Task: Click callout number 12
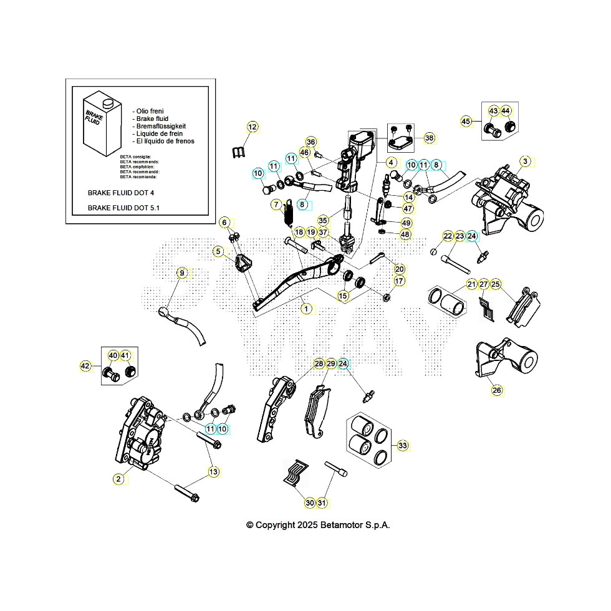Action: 252,127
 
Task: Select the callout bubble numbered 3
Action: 526,162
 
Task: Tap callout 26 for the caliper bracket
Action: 496,390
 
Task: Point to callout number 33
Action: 402,445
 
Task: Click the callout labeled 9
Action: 182,273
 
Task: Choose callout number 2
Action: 118,479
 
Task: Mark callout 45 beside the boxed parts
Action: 466,121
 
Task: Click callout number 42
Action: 85,366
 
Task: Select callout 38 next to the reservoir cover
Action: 429,138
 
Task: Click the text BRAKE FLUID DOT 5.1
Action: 123,208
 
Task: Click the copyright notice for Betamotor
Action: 318,525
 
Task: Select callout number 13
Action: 214,472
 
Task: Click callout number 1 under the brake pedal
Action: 305,308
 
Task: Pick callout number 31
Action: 322,503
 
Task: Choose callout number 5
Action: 218,252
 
